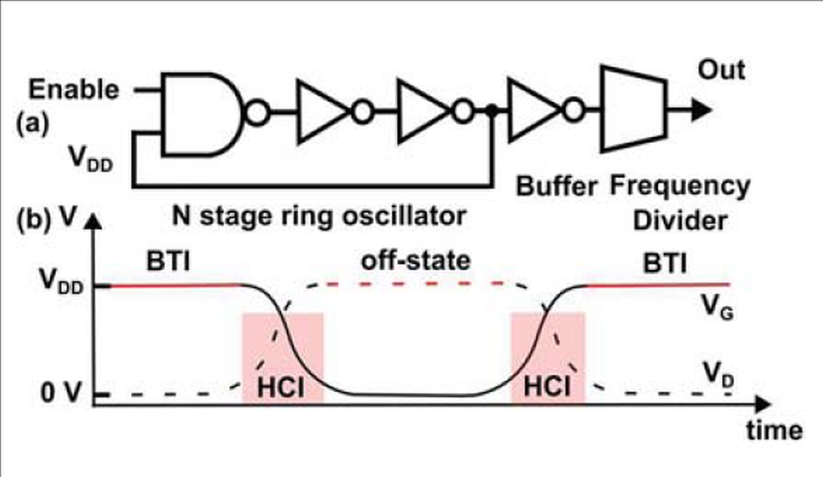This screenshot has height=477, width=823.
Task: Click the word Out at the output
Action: coord(721,70)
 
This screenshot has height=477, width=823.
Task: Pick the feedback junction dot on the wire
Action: coord(491,111)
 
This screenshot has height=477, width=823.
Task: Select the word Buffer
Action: coord(556,186)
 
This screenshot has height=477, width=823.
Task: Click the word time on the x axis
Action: coord(773,430)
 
